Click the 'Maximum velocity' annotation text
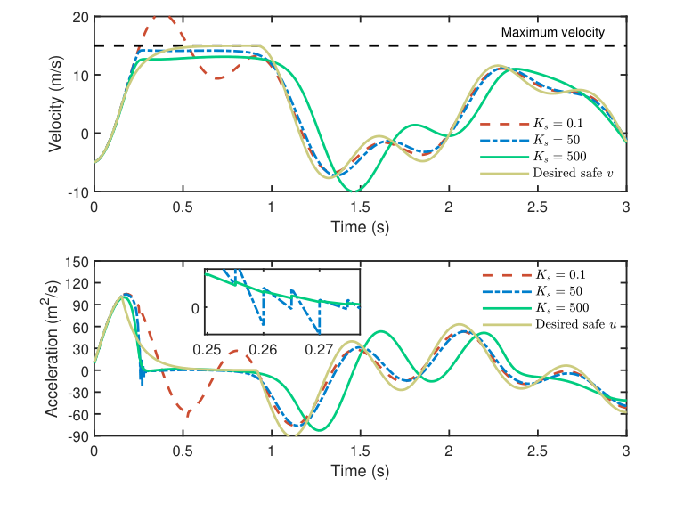[x=552, y=33]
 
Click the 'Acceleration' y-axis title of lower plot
[x=55, y=348]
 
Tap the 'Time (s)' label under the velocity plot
[x=360, y=226]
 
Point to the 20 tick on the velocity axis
[x=79, y=17]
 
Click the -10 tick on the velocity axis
[x=77, y=192]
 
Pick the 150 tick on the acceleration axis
[x=76, y=262]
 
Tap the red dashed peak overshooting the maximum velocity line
[x=160, y=16]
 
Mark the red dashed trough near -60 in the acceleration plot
[x=189, y=414]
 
